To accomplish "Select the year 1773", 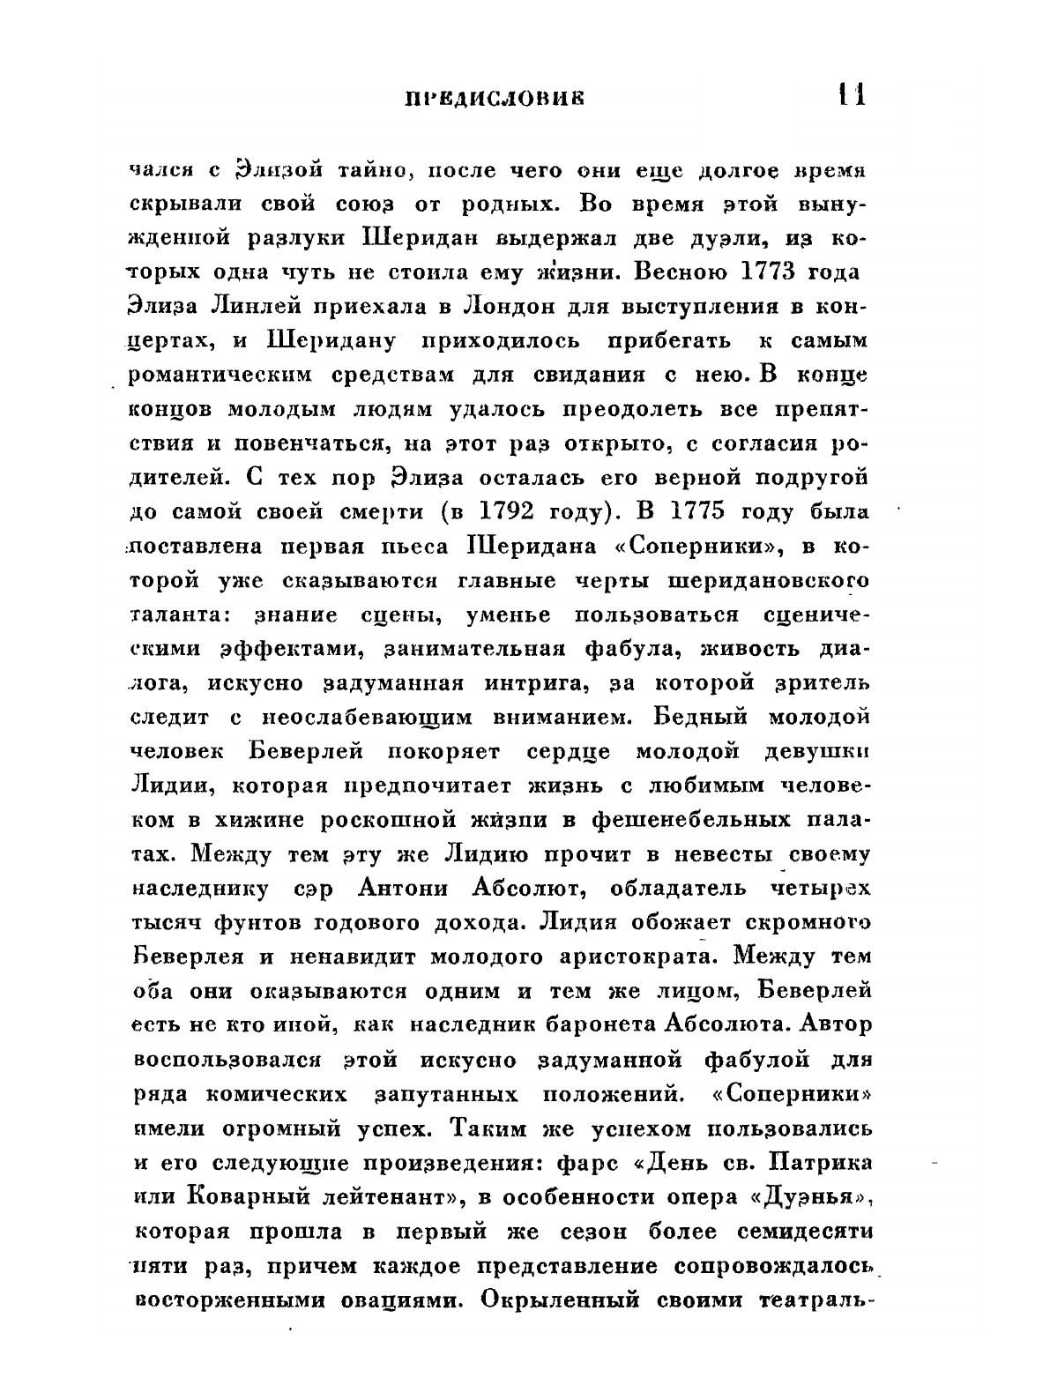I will [x=763, y=272].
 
